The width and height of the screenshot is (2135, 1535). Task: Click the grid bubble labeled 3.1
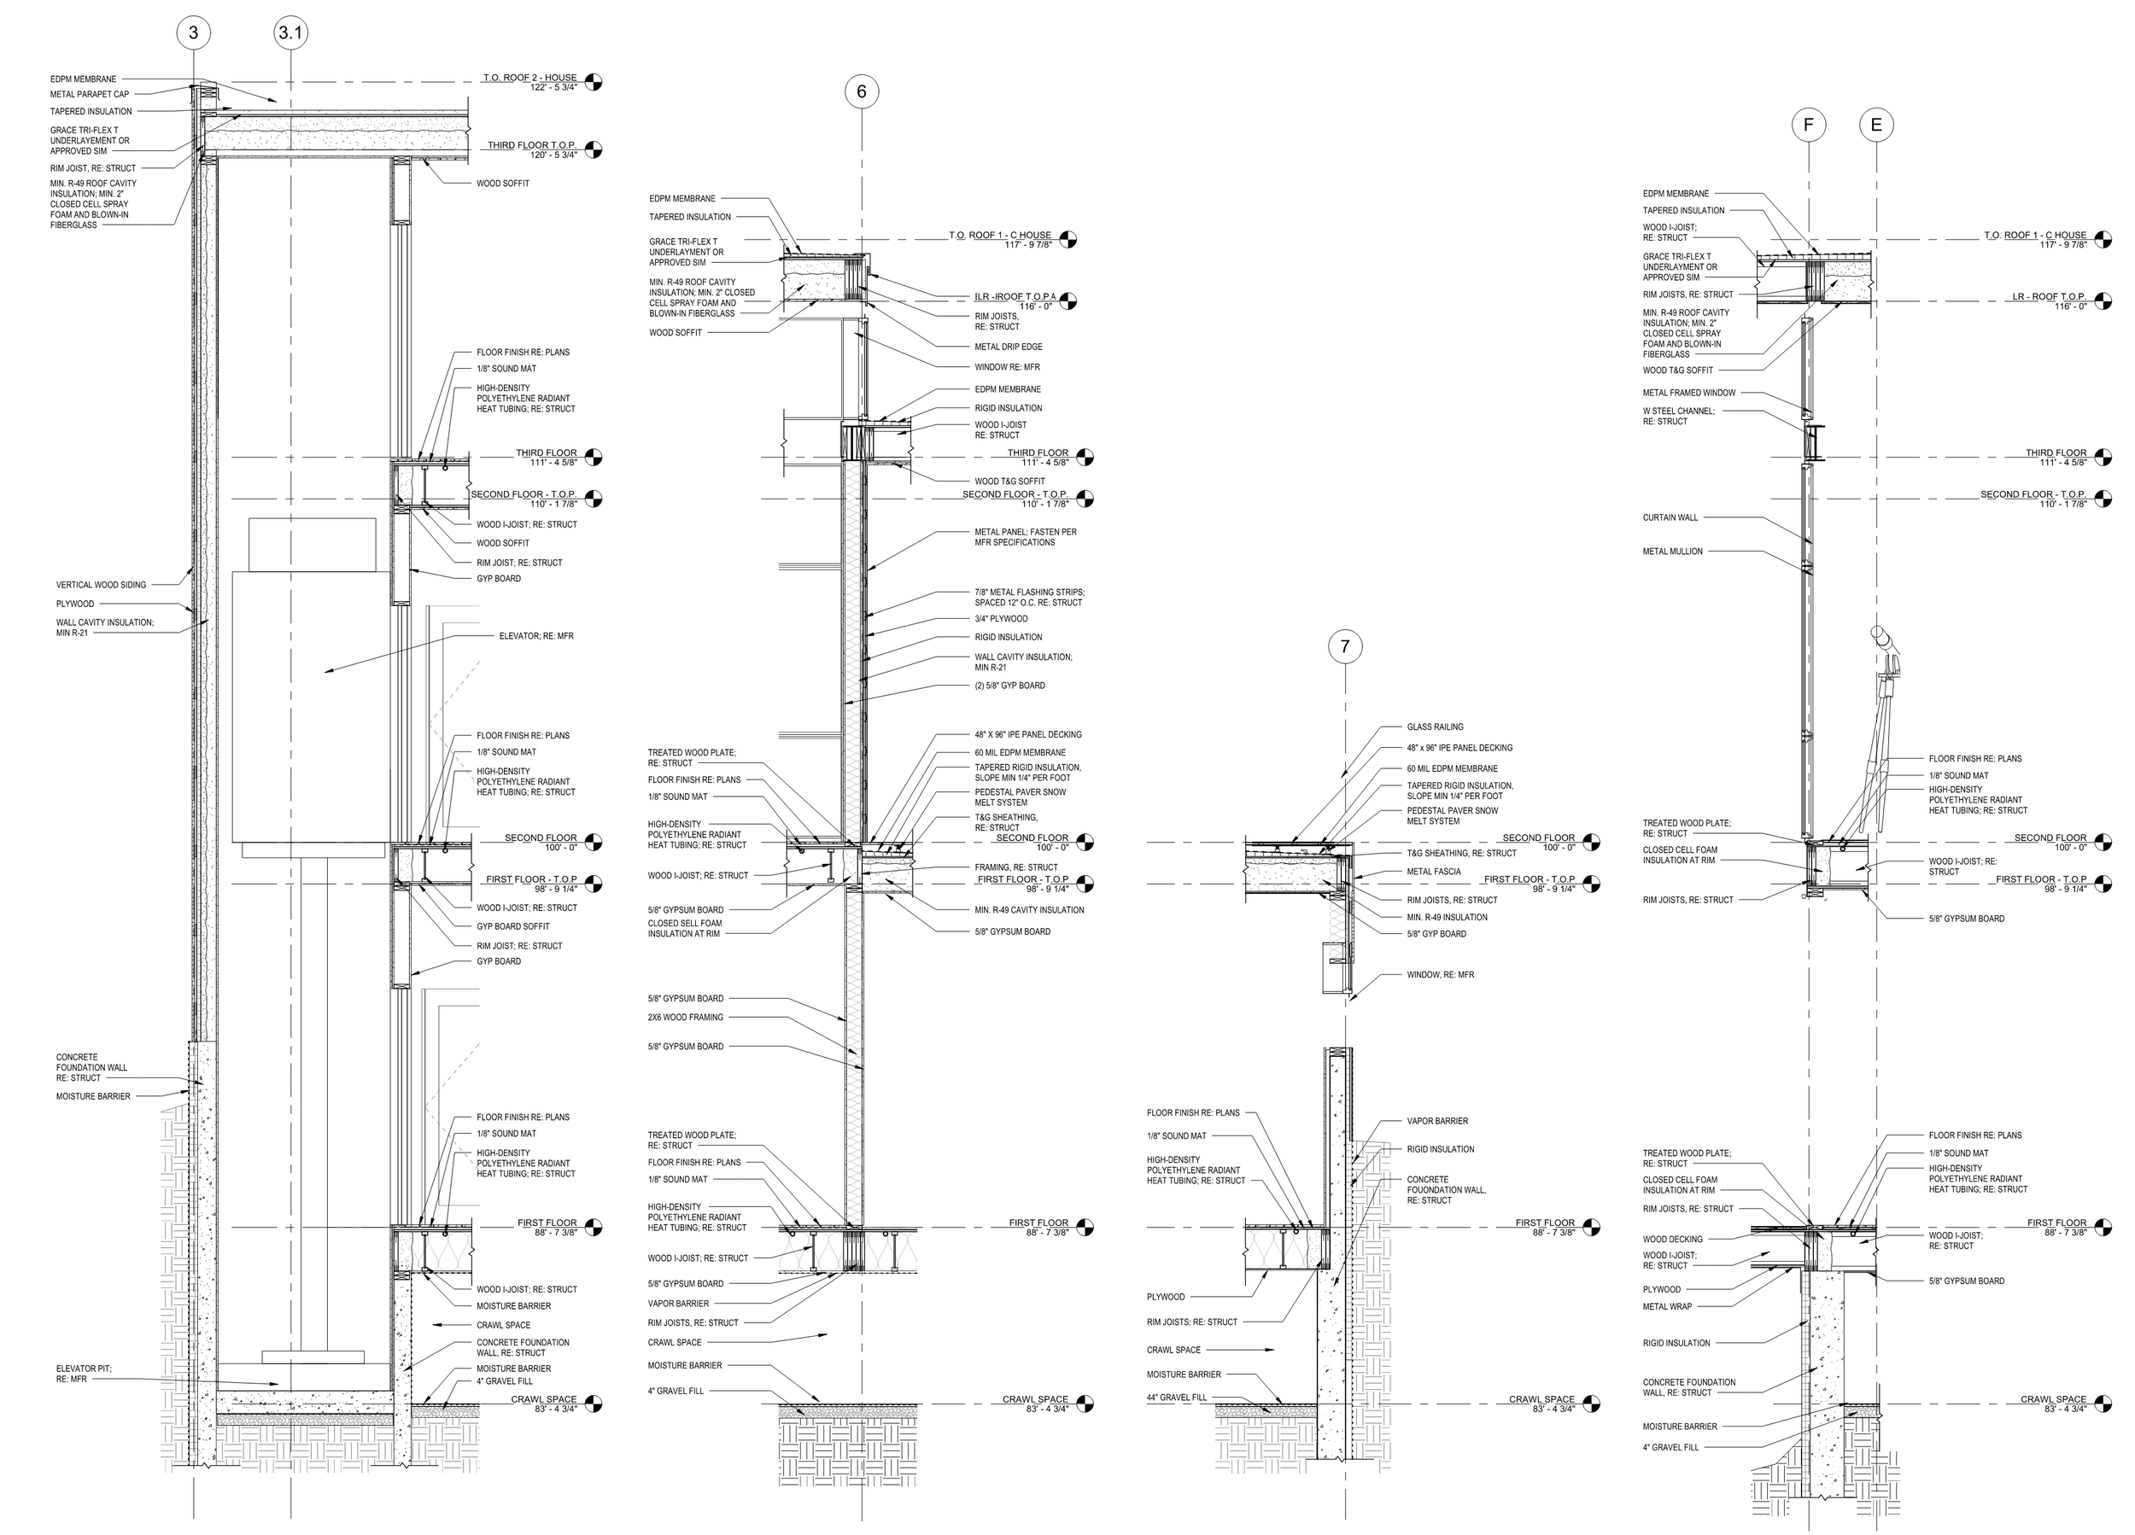[291, 34]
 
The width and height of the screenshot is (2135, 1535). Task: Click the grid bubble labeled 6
[862, 91]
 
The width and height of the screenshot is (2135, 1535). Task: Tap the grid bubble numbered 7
[1344, 646]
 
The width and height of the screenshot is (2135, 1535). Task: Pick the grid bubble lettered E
[1876, 125]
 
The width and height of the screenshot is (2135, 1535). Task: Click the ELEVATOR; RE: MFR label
[535, 636]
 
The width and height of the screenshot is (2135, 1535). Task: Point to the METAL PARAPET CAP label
[90, 94]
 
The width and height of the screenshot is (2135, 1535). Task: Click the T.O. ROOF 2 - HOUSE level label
[530, 77]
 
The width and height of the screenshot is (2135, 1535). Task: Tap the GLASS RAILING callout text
[1435, 727]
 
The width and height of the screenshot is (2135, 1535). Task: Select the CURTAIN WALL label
[1670, 517]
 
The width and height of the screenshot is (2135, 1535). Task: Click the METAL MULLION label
[1672, 552]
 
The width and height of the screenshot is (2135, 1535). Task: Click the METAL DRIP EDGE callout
[1009, 347]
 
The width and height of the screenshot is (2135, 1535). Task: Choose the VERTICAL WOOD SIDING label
[101, 585]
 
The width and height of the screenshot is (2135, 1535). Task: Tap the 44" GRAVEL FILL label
[1176, 1398]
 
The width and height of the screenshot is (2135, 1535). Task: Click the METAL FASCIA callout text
[1434, 872]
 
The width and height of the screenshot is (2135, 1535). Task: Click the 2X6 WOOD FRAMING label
[685, 1018]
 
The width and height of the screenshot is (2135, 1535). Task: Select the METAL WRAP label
[1667, 1307]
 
